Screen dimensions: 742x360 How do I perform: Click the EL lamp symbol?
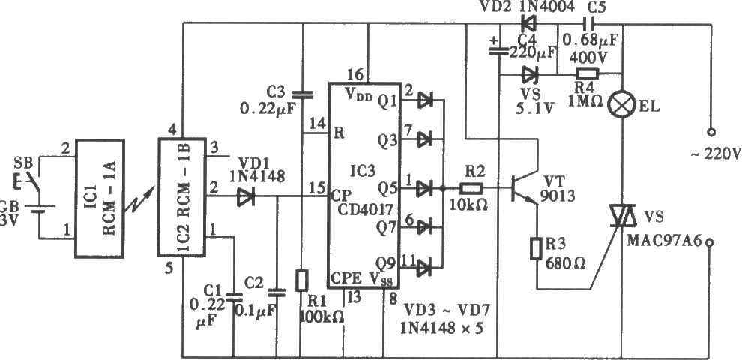(x=621, y=105)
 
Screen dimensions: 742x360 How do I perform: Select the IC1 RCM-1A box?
(x=100, y=199)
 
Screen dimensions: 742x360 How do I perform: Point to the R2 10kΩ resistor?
(x=471, y=189)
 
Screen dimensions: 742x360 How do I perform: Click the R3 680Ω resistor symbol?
(x=536, y=249)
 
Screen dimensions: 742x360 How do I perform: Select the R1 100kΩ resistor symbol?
(x=301, y=280)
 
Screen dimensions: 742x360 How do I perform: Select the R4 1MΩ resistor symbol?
(x=588, y=73)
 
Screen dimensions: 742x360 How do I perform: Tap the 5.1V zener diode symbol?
(x=529, y=74)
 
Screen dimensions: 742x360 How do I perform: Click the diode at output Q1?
(x=425, y=100)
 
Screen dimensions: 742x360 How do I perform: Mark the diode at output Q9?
(x=424, y=268)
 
